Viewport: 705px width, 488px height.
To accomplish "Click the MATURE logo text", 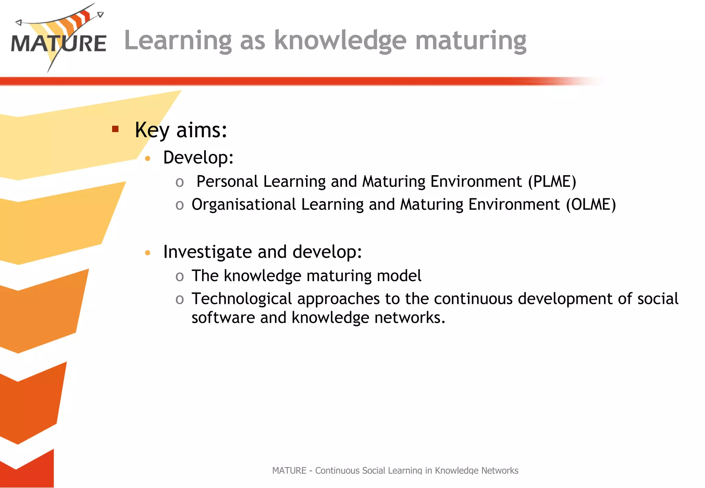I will tap(59, 44).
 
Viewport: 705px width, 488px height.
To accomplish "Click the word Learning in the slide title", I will tap(178, 41).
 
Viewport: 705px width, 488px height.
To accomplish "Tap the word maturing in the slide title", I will tap(471, 41).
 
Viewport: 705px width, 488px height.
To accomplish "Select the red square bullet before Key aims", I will tap(115, 129).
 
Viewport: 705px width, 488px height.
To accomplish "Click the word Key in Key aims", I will tap(152, 130).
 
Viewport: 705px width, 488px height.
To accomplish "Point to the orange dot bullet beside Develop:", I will tap(148, 158).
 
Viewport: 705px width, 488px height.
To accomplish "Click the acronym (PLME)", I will tap(552, 181).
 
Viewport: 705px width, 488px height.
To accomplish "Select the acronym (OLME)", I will tap(591, 204).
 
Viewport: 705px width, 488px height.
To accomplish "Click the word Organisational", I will tap(244, 204).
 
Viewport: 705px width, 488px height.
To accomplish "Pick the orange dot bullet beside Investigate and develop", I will tap(148, 253).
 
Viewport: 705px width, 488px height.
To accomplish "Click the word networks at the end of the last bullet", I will tap(409, 318).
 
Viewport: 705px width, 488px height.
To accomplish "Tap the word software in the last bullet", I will tap(223, 318).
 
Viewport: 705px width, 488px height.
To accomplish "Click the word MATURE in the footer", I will tap(289, 470).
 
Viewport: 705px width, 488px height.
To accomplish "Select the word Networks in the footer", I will tap(500, 470).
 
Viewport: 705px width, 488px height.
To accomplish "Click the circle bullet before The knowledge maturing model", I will tap(179, 276).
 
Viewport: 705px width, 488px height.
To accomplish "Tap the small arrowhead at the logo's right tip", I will tap(100, 14).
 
